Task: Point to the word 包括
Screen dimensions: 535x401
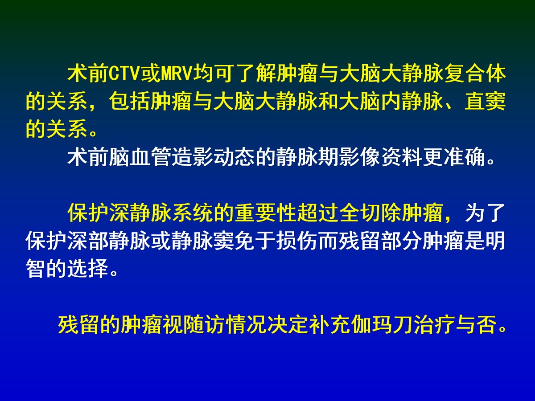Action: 130,102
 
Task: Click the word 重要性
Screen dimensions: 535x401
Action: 266,213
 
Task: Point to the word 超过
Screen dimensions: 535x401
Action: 318,213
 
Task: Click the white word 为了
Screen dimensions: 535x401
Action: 486,213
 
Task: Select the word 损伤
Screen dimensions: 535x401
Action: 297,241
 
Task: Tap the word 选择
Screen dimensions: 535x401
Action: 88,269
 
